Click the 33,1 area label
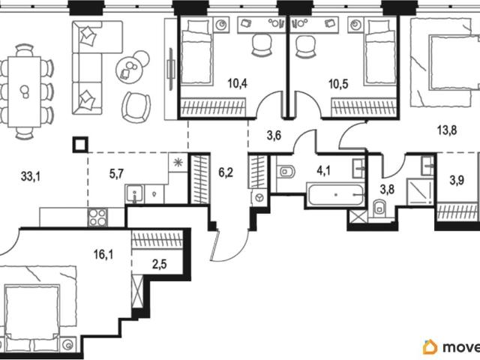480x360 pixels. tap(31, 176)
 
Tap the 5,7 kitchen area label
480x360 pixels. tap(116, 174)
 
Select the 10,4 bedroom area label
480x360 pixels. tap(237, 83)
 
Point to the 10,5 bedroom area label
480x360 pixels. tap(338, 84)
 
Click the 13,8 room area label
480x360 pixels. tap(447, 130)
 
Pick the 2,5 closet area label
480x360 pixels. tap(160, 263)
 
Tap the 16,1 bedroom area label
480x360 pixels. tap(103, 254)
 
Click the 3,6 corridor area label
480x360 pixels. tap(274, 135)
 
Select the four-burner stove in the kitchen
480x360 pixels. tap(97, 217)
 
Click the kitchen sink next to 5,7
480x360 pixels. tap(134, 193)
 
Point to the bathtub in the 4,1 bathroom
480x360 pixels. tap(336, 195)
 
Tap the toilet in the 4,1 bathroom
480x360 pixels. tap(286, 172)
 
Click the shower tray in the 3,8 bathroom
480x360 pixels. tap(420, 192)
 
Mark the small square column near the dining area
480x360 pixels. tap(80, 145)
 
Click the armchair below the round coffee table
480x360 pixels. tap(136, 107)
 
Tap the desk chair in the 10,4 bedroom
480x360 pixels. tap(262, 45)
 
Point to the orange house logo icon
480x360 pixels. tap(430, 346)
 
